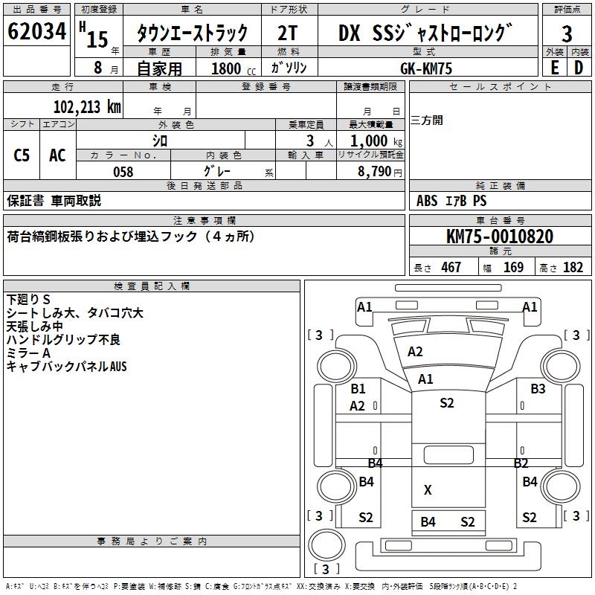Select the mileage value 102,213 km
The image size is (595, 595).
click(87, 106)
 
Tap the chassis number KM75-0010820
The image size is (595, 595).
click(499, 237)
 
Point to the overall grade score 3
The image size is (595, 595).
click(567, 33)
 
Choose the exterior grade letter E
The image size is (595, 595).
click(554, 68)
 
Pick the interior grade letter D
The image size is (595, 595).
click(579, 68)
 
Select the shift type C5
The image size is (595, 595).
click(22, 155)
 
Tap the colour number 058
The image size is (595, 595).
click(123, 172)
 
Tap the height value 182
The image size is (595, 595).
click(573, 268)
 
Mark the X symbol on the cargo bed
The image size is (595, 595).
click(428, 490)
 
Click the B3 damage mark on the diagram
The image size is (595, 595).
click(538, 389)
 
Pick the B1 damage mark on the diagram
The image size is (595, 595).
click(358, 389)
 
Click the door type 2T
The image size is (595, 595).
click(289, 33)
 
